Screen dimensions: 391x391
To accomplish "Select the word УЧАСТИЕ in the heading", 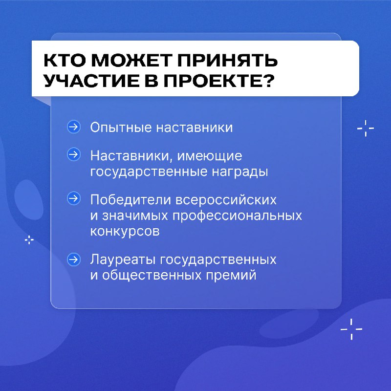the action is click(x=91, y=81).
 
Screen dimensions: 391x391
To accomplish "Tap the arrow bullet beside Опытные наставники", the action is click(x=74, y=127).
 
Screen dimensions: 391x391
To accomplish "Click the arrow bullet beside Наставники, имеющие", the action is click(x=74, y=154).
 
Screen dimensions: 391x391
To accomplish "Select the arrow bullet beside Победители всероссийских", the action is click(x=74, y=198).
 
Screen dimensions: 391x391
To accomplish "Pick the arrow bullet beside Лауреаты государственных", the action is click(x=74, y=260).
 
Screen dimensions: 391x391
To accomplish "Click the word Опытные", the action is click(x=121, y=128).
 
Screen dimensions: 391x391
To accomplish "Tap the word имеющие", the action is click(x=210, y=156).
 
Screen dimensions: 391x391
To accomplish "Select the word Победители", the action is click(x=130, y=200).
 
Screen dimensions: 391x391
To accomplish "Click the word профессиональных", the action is click(x=237, y=216).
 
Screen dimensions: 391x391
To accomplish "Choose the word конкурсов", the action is click(x=125, y=231).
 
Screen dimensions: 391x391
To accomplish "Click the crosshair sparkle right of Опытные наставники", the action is click(x=366, y=129).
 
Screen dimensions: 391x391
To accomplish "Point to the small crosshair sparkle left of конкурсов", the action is click(x=29, y=240).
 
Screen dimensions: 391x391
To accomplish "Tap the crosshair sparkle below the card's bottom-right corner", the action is click(x=351, y=329).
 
